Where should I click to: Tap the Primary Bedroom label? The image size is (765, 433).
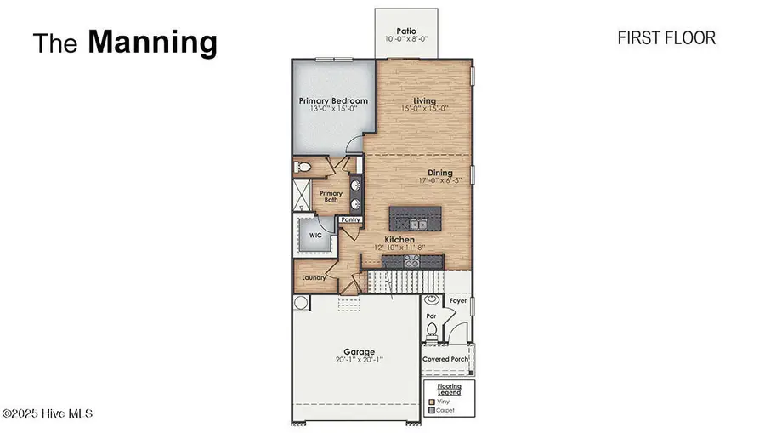click(x=333, y=100)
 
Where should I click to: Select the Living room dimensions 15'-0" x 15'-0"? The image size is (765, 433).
click(x=424, y=109)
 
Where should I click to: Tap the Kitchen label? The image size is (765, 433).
click(x=399, y=240)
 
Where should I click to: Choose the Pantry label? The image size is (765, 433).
click(x=350, y=219)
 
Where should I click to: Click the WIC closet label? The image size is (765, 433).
click(x=314, y=236)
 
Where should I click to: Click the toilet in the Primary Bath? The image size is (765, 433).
click(x=301, y=168)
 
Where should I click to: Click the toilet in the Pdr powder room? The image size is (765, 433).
click(x=432, y=329)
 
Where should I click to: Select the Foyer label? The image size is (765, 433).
click(x=458, y=300)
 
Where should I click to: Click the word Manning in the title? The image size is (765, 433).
click(x=153, y=41)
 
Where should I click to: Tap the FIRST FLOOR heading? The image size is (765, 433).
click(x=666, y=37)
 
